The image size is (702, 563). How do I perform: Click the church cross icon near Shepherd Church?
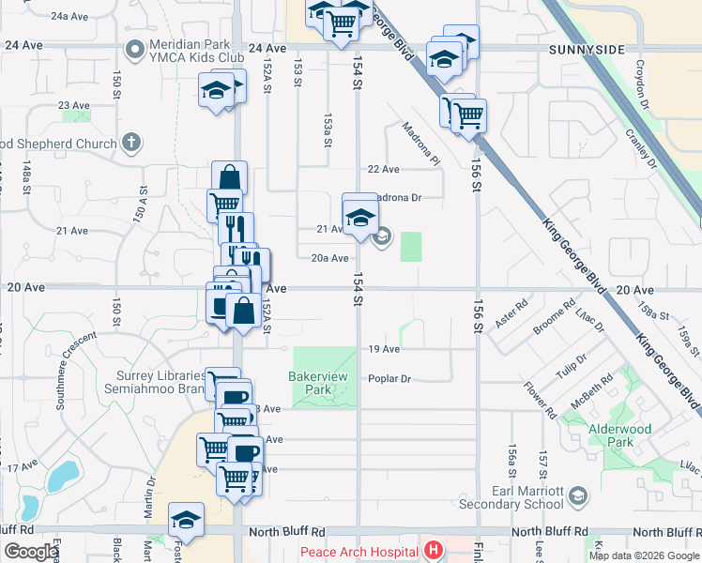click(132, 144)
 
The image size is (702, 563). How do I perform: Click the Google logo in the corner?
click(31, 552)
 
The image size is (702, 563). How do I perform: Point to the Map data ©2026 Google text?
click(644, 555)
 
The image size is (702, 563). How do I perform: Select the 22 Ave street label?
click(384, 169)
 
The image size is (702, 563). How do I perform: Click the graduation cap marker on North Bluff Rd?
click(186, 520)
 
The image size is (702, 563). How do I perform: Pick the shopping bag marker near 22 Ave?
click(229, 177)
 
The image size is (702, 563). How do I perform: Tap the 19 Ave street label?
click(384, 349)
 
